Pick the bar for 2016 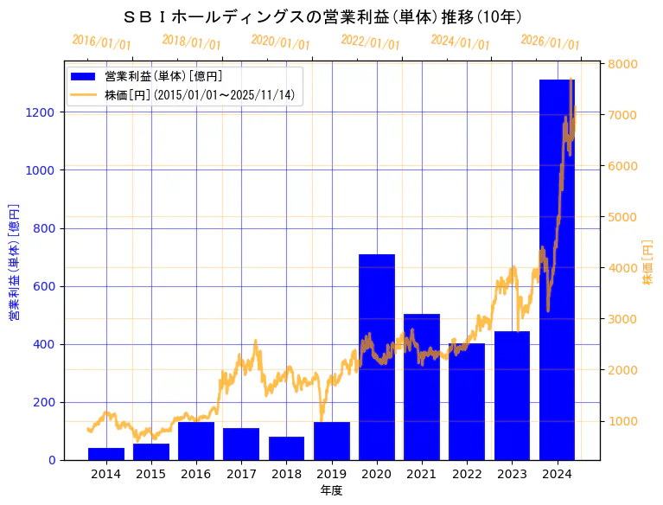click(196, 441)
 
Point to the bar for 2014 click(106, 454)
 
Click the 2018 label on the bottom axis click(286, 474)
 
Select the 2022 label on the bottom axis click(467, 474)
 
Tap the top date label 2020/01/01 click(280, 42)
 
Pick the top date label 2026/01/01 click(550, 42)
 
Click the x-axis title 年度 click(331, 490)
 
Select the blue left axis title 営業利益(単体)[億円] click(14, 262)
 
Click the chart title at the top click(322, 16)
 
